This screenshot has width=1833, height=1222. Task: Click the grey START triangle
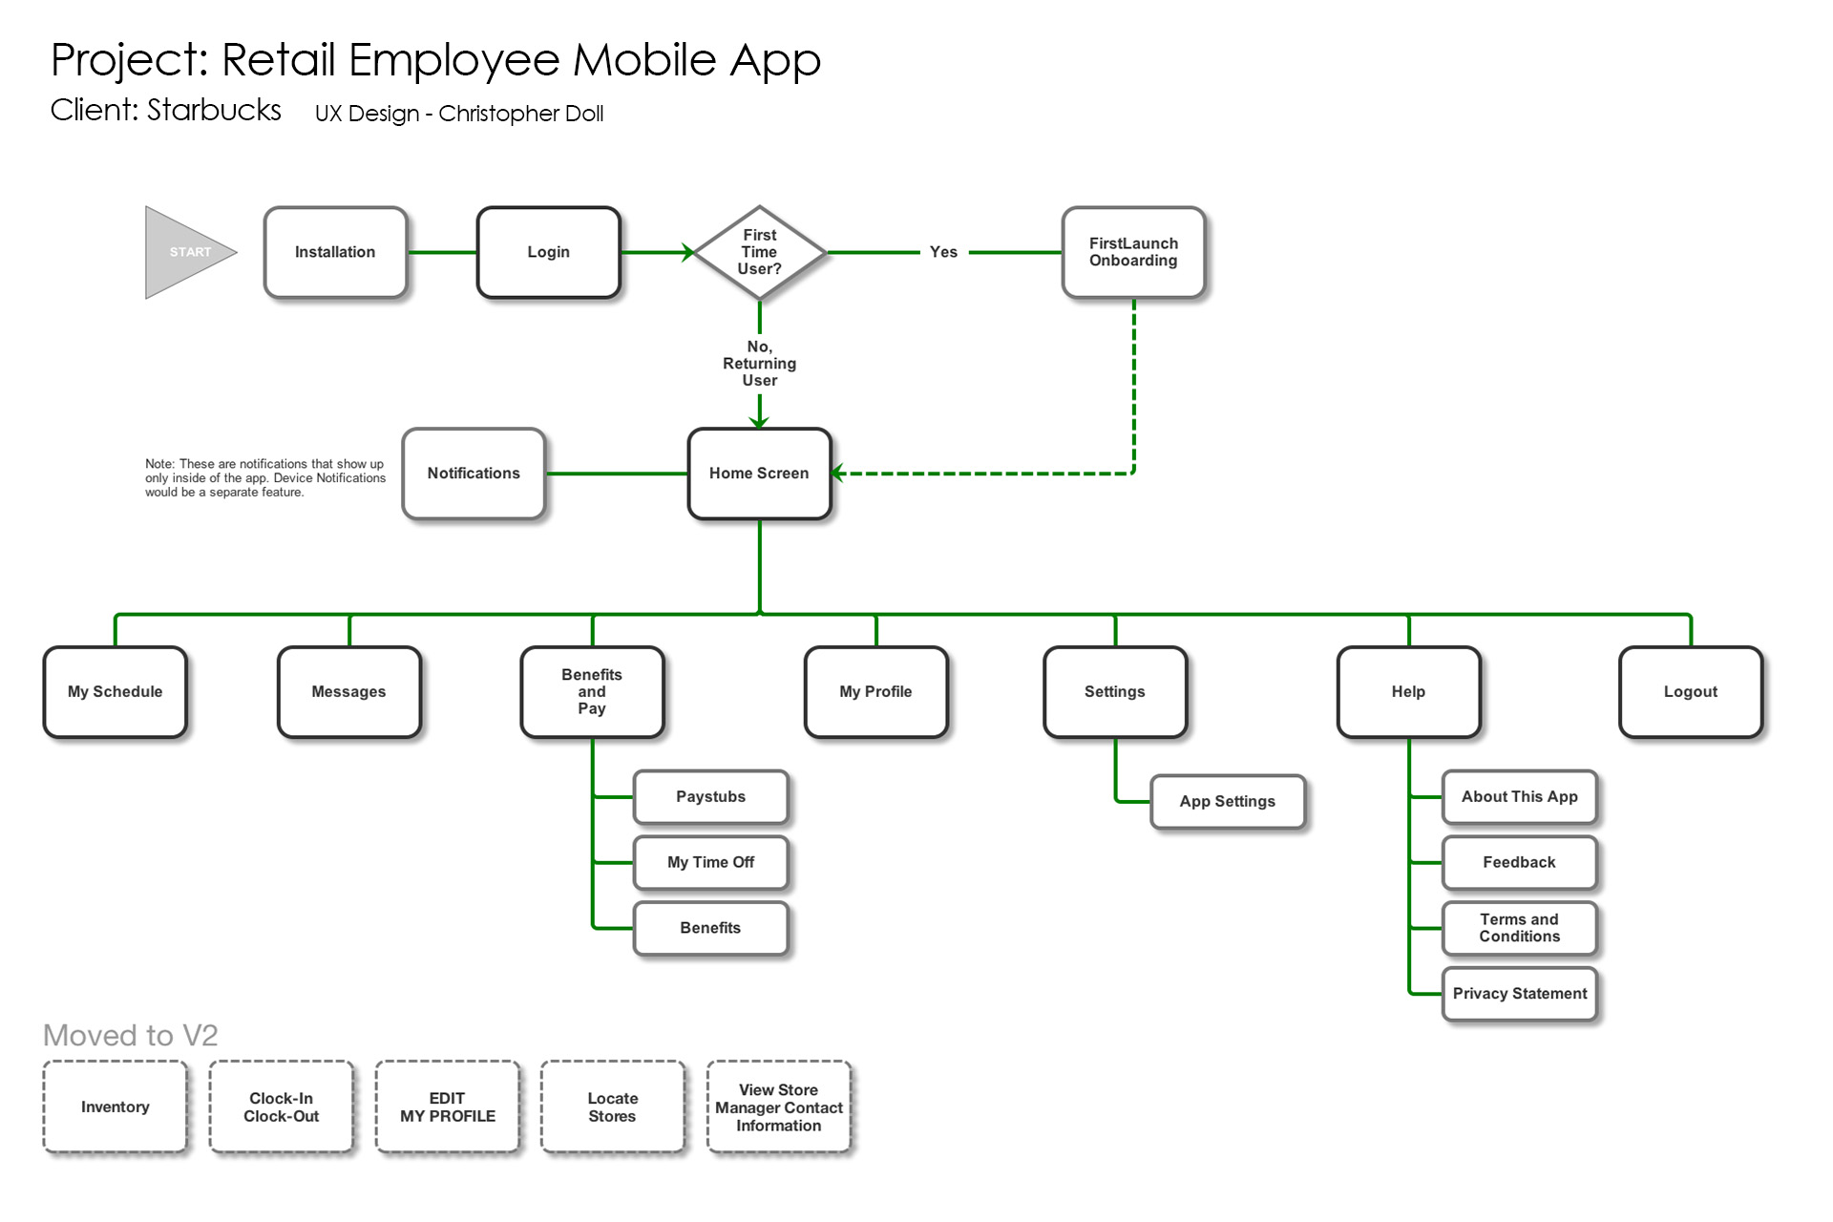pyautogui.click(x=184, y=252)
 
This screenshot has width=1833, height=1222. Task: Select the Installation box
pyautogui.click(x=335, y=252)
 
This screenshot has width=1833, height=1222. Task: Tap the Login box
pyautogui.click(x=548, y=252)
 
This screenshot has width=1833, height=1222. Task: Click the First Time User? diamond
pyautogui.click(x=760, y=252)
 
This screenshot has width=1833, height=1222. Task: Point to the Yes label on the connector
pyautogui.click(x=943, y=252)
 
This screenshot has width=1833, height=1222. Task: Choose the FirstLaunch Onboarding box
pyautogui.click(x=1133, y=252)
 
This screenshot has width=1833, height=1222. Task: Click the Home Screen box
pyautogui.click(x=759, y=474)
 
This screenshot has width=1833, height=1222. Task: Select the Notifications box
pyautogui.click(x=474, y=474)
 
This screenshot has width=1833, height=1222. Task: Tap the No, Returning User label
pyautogui.click(x=759, y=364)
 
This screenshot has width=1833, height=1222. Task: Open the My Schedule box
pyautogui.click(x=115, y=692)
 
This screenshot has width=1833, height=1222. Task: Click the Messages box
pyautogui.click(x=348, y=692)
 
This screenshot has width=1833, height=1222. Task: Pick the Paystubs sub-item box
pyautogui.click(x=710, y=797)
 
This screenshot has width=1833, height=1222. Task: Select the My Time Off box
pyautogui.click(x=710, y=863)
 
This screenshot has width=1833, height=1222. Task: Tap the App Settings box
pyautogui.click(x=1227, y=802)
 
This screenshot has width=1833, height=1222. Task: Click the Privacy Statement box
pyautogui.click(x=1519, y=994)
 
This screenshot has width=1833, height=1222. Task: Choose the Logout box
pyautogui.click(x=1690, y=692)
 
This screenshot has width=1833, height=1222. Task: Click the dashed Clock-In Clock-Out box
pyautogui.click(x=281, y=1107)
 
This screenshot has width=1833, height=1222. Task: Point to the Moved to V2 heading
pyautogui.click(x=131, y=1036)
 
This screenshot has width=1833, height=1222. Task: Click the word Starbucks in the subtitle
pyautogui.click(x=214, y=111)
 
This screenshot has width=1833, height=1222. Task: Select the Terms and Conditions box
pyautogui.click(x=1519, y=928)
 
